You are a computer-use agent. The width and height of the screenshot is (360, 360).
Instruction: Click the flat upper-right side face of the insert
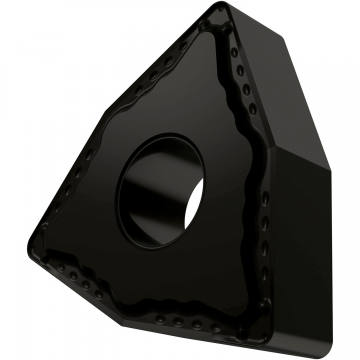point(290,100)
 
